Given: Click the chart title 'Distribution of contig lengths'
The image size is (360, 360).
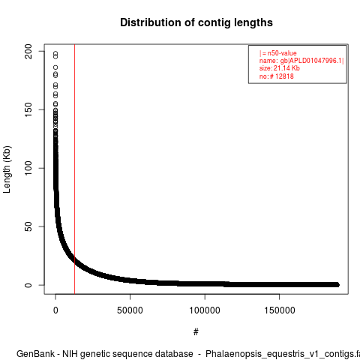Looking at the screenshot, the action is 196,22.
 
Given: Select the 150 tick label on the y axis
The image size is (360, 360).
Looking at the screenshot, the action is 28,109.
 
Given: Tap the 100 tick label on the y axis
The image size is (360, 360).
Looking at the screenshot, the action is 28,168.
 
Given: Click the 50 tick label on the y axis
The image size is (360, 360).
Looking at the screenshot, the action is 28,226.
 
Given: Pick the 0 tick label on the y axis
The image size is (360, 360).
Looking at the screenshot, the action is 28,285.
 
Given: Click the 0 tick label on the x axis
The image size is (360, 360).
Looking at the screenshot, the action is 55,310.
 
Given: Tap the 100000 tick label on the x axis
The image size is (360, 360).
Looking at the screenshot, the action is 205,310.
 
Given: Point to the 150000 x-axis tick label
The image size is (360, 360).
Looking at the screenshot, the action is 279,310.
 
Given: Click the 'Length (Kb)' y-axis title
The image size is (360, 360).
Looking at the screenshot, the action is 7,169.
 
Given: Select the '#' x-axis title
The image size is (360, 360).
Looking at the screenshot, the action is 196,332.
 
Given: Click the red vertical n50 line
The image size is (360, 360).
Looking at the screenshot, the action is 74,169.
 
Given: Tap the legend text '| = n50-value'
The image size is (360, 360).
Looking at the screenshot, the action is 278,53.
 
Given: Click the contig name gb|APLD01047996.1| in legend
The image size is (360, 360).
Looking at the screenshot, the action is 312,61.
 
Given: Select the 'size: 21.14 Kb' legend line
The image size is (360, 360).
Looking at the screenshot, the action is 280,68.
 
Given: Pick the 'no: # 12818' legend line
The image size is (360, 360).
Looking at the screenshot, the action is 277,76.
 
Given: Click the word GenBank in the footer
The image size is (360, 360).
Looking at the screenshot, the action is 35,354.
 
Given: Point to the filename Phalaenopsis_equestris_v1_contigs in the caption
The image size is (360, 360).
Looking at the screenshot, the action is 280,355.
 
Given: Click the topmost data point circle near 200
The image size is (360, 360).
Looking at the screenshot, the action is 55,53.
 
